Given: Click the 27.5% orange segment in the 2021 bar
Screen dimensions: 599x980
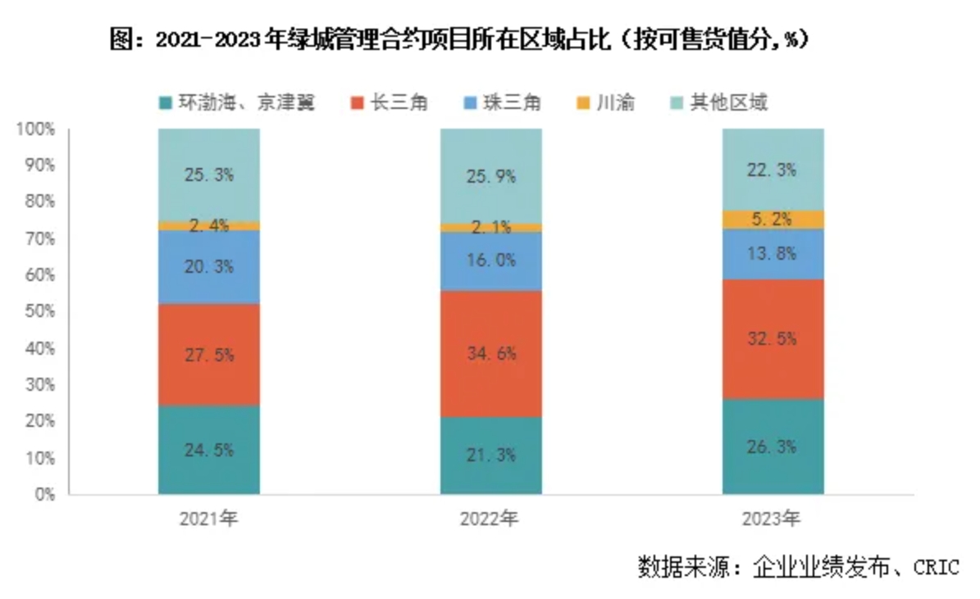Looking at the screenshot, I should [x=209, y=355].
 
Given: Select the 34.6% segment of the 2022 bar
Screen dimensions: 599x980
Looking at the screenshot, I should [x=490, y=354].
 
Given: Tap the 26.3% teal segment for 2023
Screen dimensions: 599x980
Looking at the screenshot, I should [x=773, y=447].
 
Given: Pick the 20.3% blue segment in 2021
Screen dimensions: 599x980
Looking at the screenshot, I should [x=209, y=267].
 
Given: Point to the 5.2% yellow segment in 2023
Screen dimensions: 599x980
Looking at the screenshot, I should [x=773, y=220].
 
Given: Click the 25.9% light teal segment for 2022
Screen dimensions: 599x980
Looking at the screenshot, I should [x=490, y=175].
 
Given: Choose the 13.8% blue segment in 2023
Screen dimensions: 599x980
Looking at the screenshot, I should [x=773, y=254].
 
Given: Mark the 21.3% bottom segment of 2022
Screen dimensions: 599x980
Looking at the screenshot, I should [x=490, y=455].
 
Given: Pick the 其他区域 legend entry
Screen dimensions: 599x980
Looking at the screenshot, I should [x=718, y=103].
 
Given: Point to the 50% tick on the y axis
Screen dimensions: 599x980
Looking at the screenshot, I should [x=39, y=312].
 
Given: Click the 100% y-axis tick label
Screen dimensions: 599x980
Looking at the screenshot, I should [x=36, y=129].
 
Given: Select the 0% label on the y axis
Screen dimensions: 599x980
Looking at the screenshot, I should [x=44, y=494].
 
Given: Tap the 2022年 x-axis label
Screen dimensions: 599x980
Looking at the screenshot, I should [x=490, y=519].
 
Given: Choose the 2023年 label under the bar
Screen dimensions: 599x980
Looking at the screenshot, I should [x=773, y=519].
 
